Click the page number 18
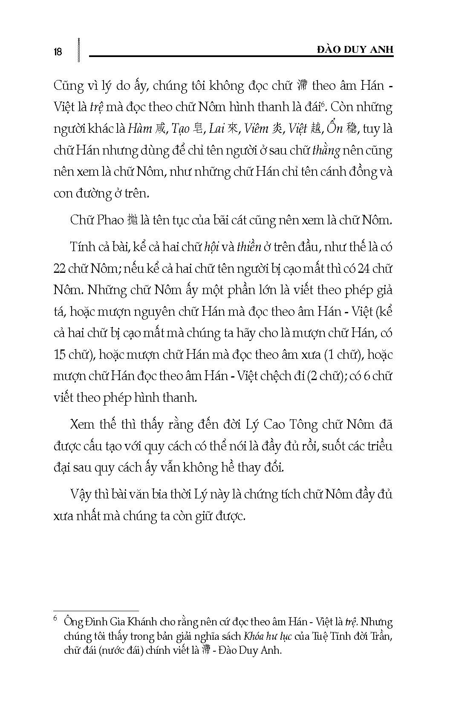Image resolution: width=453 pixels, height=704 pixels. tap(58, 52)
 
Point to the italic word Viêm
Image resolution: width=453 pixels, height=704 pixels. tap(257, 128)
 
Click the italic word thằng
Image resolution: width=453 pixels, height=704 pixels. tap(326, 150)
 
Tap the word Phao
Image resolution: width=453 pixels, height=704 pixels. tap(112, 220)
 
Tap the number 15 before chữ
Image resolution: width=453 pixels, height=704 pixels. tap(61, 354)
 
